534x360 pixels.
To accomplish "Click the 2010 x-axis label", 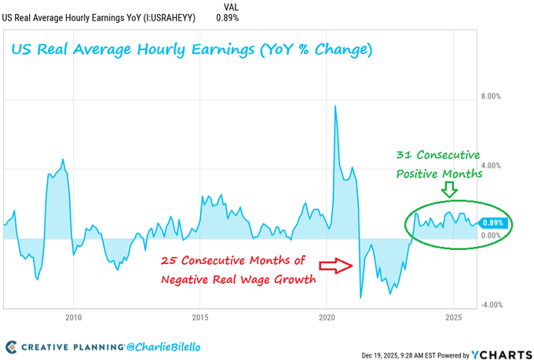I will click(x=73, y=318).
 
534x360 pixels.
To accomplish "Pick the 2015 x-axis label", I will click(x=200, y=318).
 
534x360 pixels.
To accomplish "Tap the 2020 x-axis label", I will click(x=327, y=318).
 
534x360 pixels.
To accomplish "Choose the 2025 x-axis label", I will click(x=454, y=318).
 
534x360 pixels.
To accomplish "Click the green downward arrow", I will click(x=448, y=190).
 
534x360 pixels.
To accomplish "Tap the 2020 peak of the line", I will click(x=335, y=105).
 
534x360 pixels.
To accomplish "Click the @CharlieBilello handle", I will click(x=163, y=346).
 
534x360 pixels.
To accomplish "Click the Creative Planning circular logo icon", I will click(x=12, y=347).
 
